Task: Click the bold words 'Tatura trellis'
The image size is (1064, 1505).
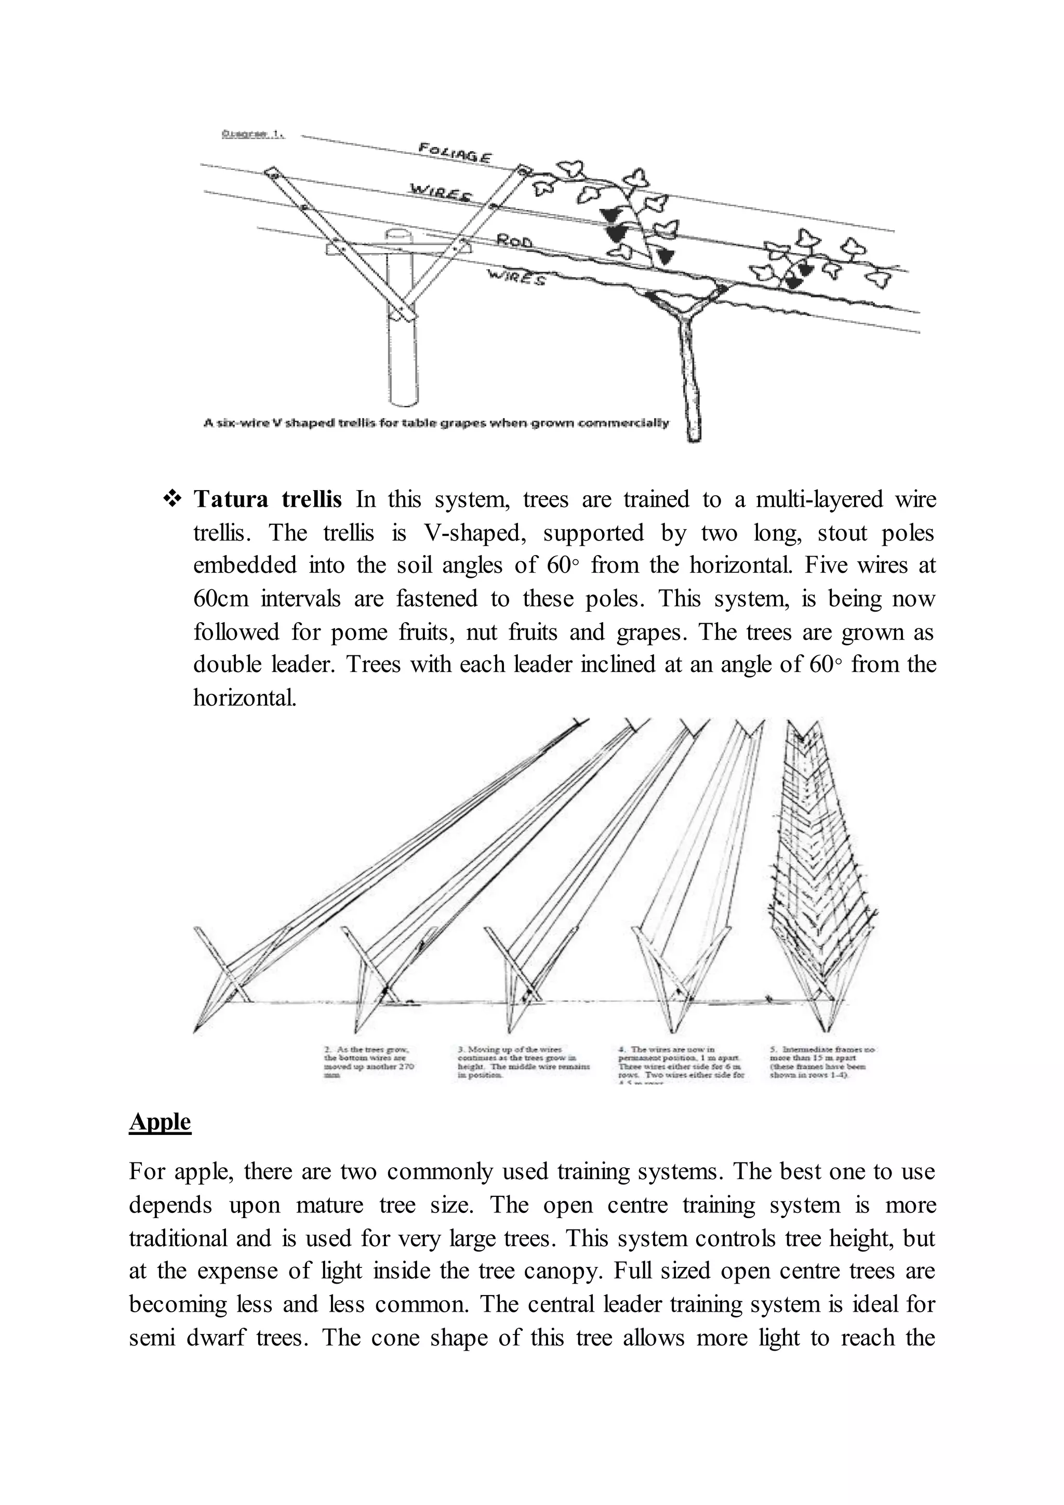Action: [268, 499]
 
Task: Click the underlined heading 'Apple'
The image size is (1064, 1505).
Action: [160, 1121]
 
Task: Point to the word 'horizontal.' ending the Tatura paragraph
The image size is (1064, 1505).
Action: [244, 697]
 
